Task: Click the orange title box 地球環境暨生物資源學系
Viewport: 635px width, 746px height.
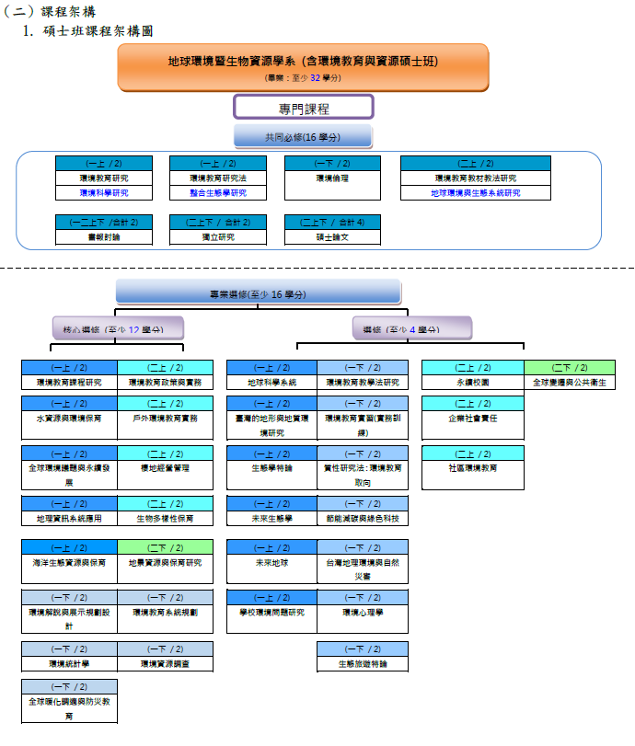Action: (303, 66)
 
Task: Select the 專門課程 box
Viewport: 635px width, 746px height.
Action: (304, 108)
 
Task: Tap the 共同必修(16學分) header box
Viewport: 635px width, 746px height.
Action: (303, 137)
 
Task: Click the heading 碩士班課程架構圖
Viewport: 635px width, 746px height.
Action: (98, 31)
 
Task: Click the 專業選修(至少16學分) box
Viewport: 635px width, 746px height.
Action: (258, 293)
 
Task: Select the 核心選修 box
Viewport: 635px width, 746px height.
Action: (116, 328)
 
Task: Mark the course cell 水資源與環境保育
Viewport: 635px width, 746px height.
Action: (70, 418)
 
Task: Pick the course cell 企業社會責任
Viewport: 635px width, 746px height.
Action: (473, 418)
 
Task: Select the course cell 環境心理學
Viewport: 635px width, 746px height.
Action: (363, 612)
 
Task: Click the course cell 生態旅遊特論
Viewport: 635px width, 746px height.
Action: (363, 662)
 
